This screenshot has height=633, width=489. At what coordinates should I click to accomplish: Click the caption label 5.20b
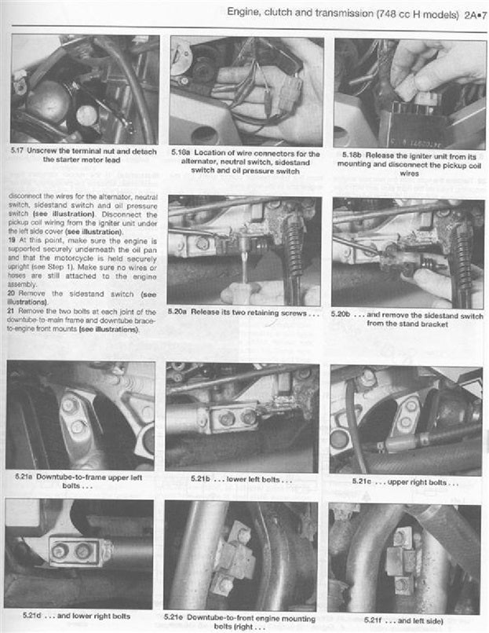click(344, 313)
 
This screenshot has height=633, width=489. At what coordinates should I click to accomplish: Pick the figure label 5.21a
click(20, 477)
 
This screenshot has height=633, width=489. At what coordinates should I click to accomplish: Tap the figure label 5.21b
click(202, 477)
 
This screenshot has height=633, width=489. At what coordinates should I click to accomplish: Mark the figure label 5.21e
click(180, 617)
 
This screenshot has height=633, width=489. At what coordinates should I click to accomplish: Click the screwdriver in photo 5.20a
click(244, 265)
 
